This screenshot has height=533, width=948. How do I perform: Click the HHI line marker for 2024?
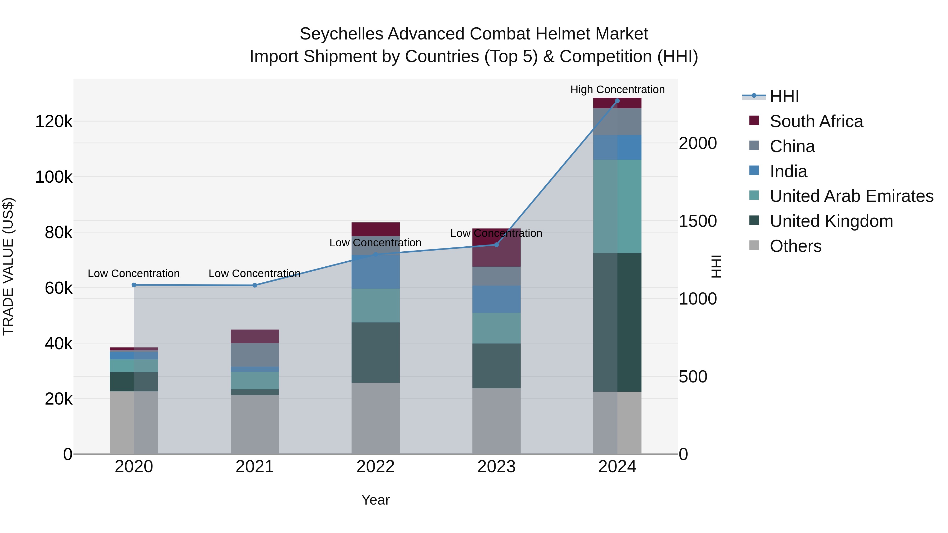tap(617, 101)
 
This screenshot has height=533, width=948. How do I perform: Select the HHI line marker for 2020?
tap(134, 285)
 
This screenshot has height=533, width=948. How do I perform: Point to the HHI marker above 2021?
tap(255, 285)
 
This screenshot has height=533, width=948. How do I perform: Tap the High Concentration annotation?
tap(617, 90)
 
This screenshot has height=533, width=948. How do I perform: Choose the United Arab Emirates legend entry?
tap(851, 196)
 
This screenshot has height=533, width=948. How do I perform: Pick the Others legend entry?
tap(795, 246)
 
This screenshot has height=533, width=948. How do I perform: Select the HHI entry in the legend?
tap(784, 96)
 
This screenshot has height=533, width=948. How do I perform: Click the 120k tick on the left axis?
tap(54, 121)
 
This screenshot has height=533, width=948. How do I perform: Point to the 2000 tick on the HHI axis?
tap(697, 143)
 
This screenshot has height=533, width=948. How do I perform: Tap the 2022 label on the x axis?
tap(375, 467)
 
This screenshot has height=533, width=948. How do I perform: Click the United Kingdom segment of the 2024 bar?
tap(617, 322)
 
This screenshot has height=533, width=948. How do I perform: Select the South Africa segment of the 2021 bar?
tap(255, 336)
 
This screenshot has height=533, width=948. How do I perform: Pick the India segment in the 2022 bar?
tap(375, 272)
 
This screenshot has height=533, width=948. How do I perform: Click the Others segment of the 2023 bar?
tap(496, 421)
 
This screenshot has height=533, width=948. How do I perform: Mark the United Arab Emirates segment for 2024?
tap(617, 206)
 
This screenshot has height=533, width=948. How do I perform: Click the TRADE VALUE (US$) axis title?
tap(8, 266)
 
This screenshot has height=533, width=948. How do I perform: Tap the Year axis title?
tap(375, 500)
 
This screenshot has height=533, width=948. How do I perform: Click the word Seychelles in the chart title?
tap(342, 34)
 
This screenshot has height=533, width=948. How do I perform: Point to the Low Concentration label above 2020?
tap(134, 274)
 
